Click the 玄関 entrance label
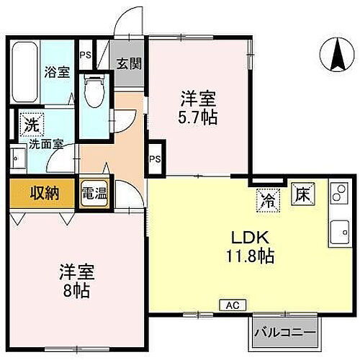point(130,63)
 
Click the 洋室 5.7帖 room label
point(196,107)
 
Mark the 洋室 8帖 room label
point(76,281)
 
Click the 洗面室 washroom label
point(45,143)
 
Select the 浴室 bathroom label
point(55,73)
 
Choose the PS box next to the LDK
point(155,159)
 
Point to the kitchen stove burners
point(337,193)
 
